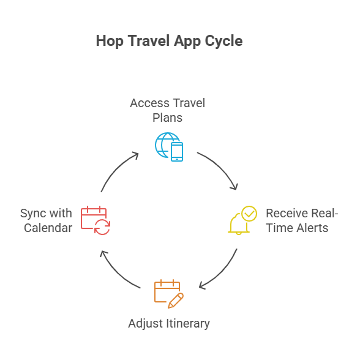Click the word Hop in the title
(110, 41)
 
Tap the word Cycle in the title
(223, 41)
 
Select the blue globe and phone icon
(169, 147)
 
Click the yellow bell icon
(239, 223)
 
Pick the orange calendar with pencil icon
(169, 294)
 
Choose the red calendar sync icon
(96, 220)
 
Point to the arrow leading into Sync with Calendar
(117, 273)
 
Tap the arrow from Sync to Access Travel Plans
(116, 170)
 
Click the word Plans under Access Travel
(168, 118)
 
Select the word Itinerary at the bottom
(188, 323)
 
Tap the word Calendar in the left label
(48, 228)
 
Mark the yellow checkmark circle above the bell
(249, 214)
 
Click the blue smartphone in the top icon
(177, 152)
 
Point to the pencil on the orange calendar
(176, 301)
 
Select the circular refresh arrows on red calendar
(102, 227)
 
